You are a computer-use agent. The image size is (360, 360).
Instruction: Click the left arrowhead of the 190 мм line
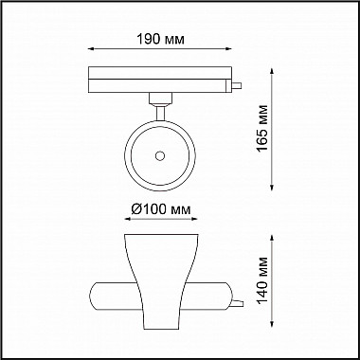pyautogui.click(x=89, y=51)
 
